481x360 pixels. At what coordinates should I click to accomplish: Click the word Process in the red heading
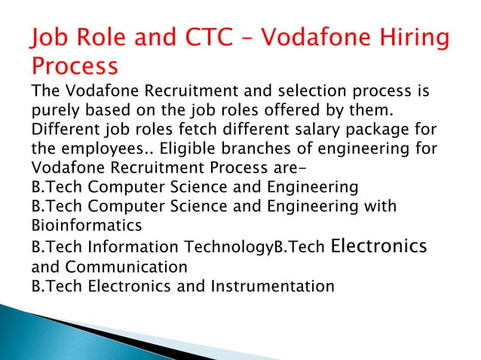click(75, 66)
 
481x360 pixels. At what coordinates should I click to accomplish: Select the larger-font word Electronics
click(379, 246)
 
